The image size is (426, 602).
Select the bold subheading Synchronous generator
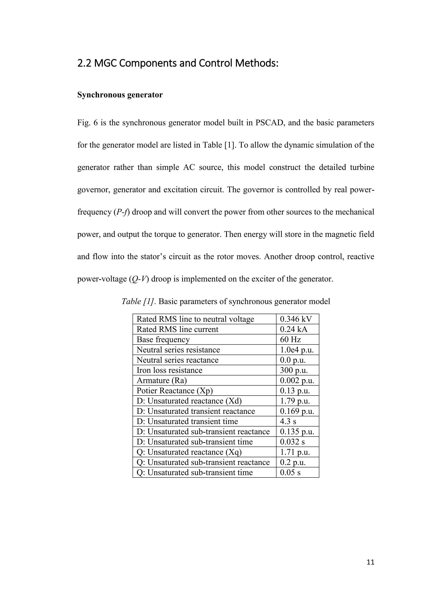coord(120,95)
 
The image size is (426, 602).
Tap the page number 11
coord(370,562)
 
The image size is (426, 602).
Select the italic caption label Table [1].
coord(139,302)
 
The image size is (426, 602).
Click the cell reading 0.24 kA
coord(293,329)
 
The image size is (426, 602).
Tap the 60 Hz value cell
coord(290,339)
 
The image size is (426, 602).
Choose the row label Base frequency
coord(163,339)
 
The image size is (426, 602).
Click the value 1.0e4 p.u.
coord(297,350)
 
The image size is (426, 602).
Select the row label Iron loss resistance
coord(170,370)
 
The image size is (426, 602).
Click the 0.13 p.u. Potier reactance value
coord(295,391)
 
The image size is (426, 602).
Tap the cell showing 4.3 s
coord(288,421)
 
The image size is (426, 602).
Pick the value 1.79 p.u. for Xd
coord(295,401)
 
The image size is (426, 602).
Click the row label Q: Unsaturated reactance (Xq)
coord(189,452)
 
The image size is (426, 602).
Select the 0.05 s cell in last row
coord(290,472)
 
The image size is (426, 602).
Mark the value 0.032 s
coord(292,442)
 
